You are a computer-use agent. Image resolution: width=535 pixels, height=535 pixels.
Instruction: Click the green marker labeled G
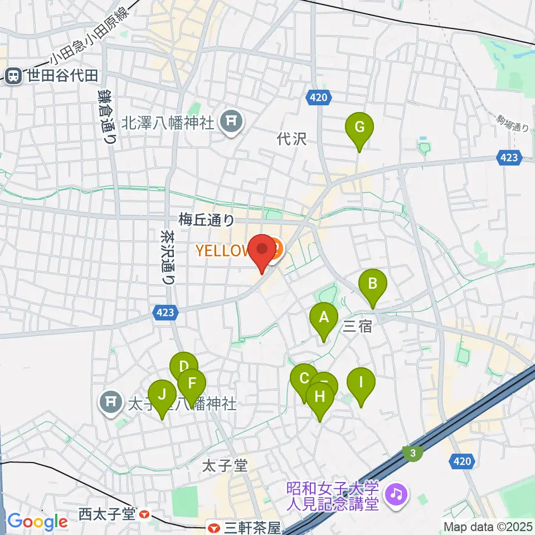click(x=359, y=128)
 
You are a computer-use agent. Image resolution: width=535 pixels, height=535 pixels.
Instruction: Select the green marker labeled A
click(x=323, y=318)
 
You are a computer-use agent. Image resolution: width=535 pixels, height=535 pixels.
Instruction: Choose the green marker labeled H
click(x=319, y=397)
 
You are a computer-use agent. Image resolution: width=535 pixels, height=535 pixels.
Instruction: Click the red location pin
click(x=262, y=250)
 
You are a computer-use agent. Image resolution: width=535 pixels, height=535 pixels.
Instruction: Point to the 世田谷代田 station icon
click(x=12, y=75)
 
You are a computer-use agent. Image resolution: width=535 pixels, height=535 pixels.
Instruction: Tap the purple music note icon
click(x=396, y=493)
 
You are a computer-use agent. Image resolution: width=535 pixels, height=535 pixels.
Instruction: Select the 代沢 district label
click(x=292, y=139)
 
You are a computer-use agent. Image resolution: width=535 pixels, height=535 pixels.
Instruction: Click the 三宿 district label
click(x=357, y=327)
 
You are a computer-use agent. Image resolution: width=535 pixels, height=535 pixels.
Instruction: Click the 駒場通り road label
click(x=513, y=124)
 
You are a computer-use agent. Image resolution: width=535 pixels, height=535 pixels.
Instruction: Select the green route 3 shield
click(x=412, y=454)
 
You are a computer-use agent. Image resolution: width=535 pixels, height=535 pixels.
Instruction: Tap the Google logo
click(x=38, y=522)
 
